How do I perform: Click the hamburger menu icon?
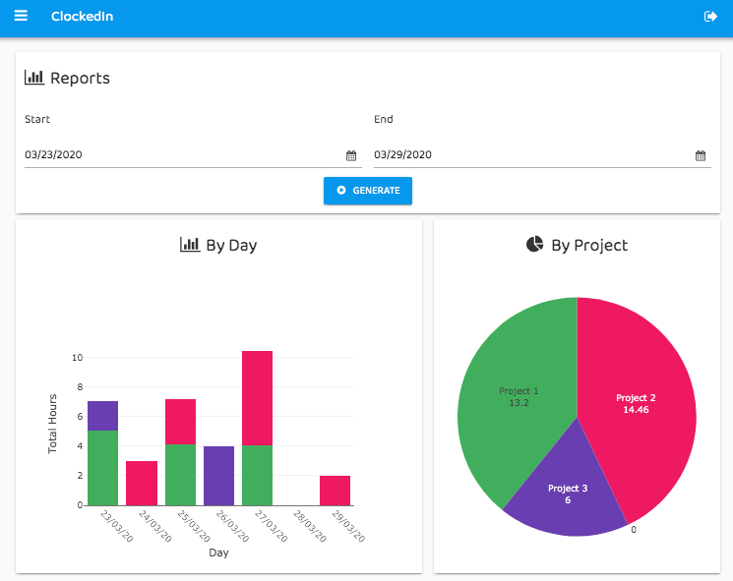21,16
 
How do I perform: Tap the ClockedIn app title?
82,17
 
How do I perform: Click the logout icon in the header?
711,17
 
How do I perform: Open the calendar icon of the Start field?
351,155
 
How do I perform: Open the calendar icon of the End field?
701,155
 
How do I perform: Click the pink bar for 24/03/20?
142,483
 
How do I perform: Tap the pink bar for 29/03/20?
335,490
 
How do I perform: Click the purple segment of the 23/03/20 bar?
102,416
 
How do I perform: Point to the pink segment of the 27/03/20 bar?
257,398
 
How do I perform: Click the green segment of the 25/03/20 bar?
180,475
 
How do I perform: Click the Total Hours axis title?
53,424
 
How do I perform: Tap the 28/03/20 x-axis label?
309,525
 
